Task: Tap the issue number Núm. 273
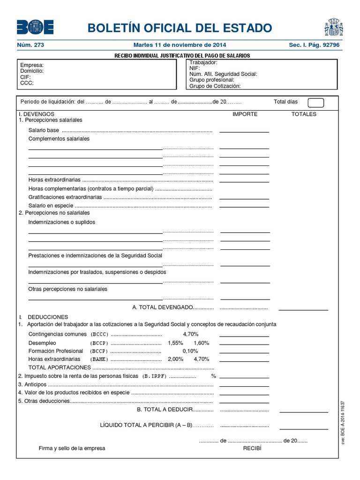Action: pyautogui.click(x=30, y=45)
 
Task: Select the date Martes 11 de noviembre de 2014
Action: pyautogui.click(x=180, y=45)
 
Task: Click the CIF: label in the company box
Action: pyautogui.click(x=25, y=77)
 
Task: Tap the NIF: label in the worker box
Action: pyautogui.click(x=195, y=68)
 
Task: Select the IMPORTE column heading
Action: pyautogui.click(x=245, y=114)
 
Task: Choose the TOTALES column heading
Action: pyautogui.click(x=304, y=114)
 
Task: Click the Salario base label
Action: pyautogui.click(x=44, y=130)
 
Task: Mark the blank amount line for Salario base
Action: pyautogui.click(x=244, y=132)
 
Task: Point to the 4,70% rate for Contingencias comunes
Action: pyautogui.click(x=191, y=334)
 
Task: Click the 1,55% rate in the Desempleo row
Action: pyautogui.click(x=175, y=343)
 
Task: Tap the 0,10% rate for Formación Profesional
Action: pyautogui.click(x=190, y=351)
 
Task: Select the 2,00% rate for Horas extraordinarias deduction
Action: pyautogui.click(x=175, y=359)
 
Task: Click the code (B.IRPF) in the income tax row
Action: pyautogui.click(x=154, y=376)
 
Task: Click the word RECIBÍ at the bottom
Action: pyautogui.click(x=251, y=448)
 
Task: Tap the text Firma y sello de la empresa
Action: pyautogui.click(x=72, y=448)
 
